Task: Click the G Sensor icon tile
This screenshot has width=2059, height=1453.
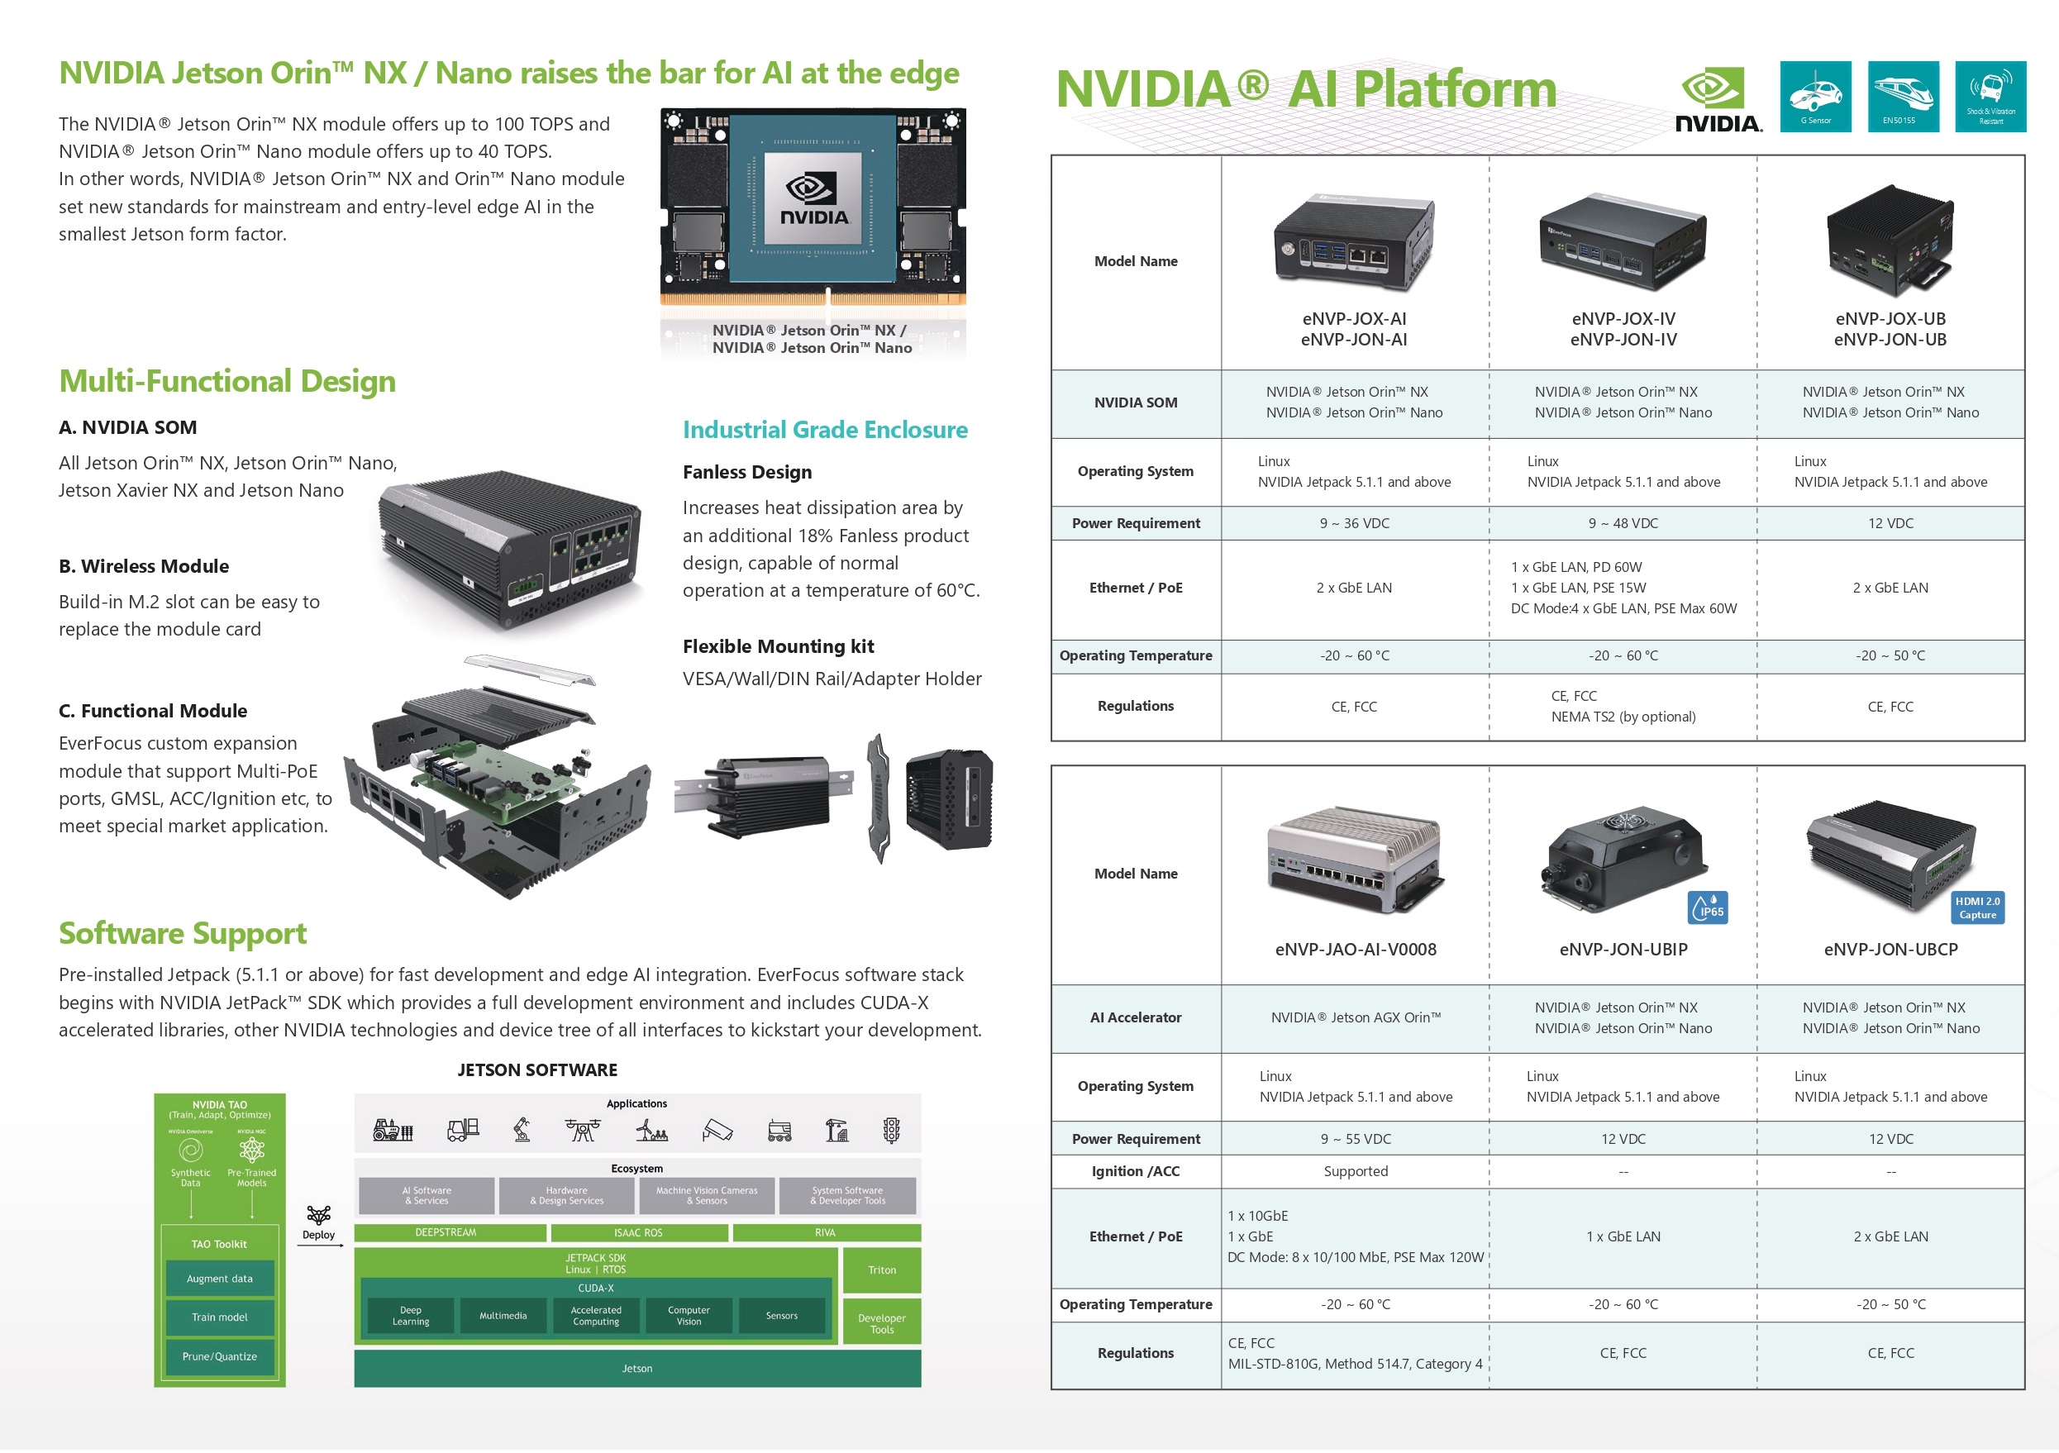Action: point(1814,97)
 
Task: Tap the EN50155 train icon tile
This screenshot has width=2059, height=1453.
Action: point(1902,97)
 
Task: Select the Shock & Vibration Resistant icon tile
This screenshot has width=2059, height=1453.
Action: point(1989,97)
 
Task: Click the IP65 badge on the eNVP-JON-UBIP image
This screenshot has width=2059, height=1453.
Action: point(1707,908)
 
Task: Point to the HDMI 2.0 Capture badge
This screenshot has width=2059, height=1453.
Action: point(1976,908)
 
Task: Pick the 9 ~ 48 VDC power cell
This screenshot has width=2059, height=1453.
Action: point(1623,524)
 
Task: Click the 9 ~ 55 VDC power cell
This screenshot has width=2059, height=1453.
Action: point(1355,1139)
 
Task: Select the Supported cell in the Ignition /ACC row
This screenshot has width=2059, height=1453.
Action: point(1355,1171)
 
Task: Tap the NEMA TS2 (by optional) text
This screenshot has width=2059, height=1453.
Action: point(1623,717)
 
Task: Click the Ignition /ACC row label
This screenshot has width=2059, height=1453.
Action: point(1136,1171)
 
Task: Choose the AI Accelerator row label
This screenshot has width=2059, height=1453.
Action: point(1136,1018)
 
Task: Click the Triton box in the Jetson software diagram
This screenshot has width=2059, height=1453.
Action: point(881,1270)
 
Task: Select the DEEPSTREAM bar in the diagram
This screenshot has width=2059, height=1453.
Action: point(446,1233)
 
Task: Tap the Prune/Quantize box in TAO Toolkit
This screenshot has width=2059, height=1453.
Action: point(220,1357)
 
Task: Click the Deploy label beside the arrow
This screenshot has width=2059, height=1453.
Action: point(318,1235)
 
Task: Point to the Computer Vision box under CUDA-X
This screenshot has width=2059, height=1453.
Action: point(689,1316)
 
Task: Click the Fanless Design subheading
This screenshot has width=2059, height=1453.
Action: point(747,473)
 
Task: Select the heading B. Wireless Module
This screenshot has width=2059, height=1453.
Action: point(144,567)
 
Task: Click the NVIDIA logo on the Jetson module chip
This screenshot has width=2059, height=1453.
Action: point(813,200)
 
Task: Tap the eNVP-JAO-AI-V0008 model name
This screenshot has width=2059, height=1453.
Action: point(1355,950)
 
